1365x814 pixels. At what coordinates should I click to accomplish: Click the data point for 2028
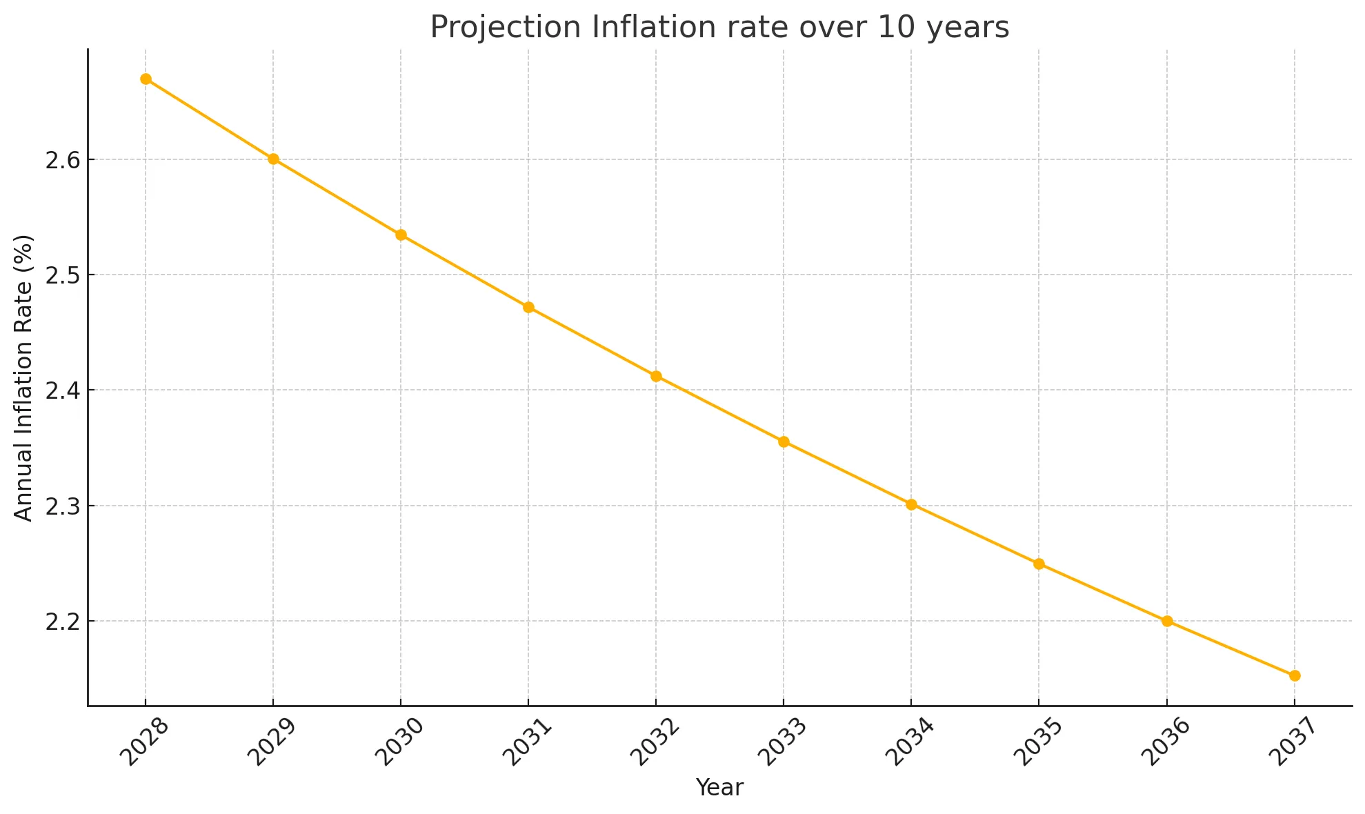point(146,79)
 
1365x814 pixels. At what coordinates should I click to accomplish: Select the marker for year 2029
point(273,159)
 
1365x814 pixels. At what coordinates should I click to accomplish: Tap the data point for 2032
point(656,377)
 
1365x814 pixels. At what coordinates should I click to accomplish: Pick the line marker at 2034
point(911,505)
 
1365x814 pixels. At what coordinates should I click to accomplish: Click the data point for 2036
point(1167,622)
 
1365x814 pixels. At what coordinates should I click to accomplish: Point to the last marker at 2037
point(1295,676)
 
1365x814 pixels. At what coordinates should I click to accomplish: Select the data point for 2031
point(528,308)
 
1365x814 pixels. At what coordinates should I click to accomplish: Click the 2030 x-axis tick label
point(398,743)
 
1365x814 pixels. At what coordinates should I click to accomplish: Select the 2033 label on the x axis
point(781,743)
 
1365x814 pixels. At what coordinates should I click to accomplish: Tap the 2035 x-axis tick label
point(1036,743)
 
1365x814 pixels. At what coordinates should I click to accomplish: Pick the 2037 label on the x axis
point(1291,743)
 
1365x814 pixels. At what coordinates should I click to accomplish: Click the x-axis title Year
point(719,788)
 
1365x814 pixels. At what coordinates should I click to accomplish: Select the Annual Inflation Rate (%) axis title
point(23,378)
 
